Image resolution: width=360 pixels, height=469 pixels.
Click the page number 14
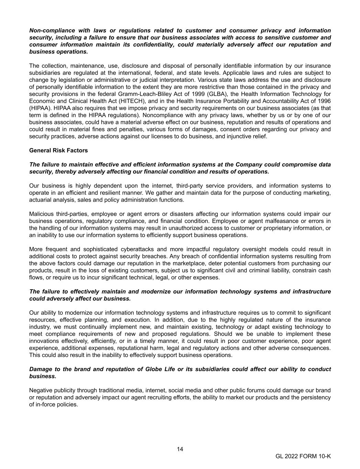[x=180, y=449]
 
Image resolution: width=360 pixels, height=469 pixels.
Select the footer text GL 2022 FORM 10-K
[x=303, y=456]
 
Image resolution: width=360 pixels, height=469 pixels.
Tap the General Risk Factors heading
[x=58, y=150]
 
